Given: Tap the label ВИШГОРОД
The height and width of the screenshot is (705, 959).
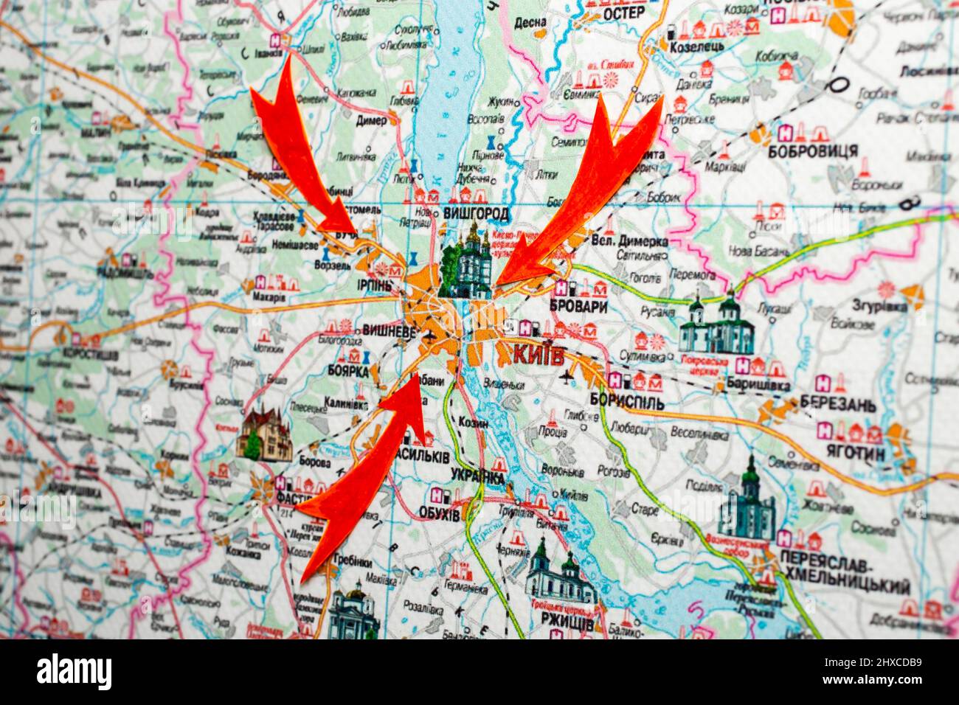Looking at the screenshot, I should click(477, 215).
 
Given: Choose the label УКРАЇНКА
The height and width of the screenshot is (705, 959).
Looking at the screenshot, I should click(477, 476).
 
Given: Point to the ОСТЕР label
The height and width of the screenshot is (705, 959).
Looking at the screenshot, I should click(623, 13).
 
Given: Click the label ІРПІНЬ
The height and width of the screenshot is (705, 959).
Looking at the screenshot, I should click(373, 285).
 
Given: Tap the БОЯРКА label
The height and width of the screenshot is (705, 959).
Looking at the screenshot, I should click(347, 372).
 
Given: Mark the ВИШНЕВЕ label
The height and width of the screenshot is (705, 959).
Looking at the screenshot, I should click(389, 332).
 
